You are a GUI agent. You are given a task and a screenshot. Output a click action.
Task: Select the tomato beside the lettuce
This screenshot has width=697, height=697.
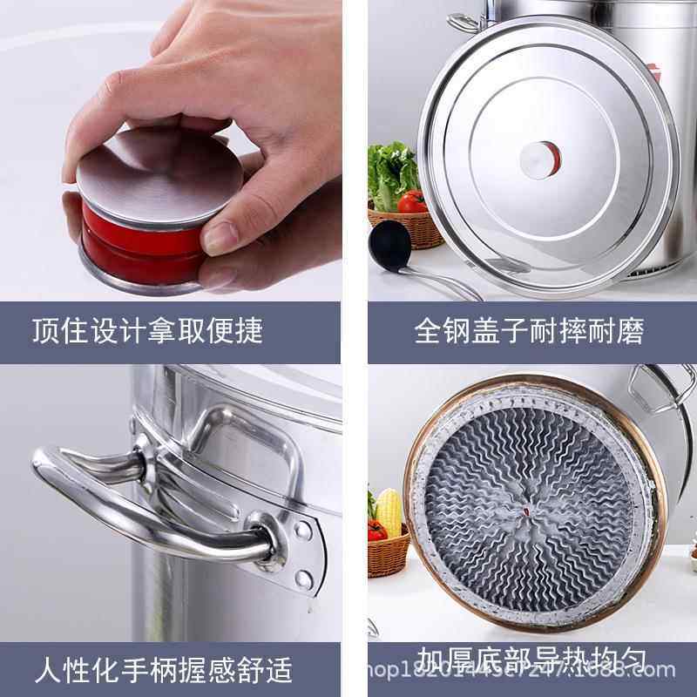(412, 202)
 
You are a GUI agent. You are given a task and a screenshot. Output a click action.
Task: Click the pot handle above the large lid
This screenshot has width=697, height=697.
(465, 22)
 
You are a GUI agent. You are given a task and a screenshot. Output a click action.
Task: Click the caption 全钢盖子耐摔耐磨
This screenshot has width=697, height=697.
(529, 331)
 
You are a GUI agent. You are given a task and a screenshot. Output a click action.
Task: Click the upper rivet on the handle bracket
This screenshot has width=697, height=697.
(302, 529)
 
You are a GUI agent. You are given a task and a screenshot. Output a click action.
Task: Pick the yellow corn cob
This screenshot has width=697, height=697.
(389, 512)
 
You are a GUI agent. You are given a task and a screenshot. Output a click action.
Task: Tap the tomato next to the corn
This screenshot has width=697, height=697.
(376, 531)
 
